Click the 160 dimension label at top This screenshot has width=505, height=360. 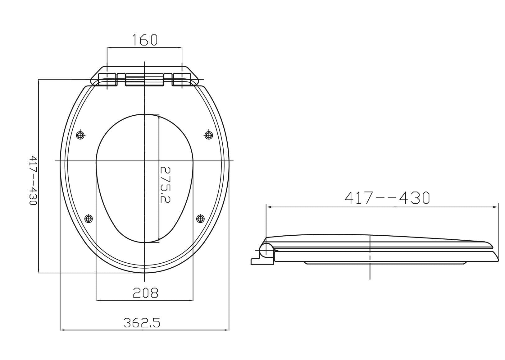(x=144, y=40)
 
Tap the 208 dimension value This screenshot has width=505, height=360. (x=146, y=293)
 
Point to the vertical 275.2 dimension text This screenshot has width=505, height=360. (x=165, y=185)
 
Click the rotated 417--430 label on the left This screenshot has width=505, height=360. (x=33, y=180)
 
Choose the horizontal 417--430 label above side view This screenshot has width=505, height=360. (x=387, y=198)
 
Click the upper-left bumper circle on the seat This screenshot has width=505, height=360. (x=80, y=135)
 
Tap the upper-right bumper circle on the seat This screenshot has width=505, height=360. (x=208, y=135)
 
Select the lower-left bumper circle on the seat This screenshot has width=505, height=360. (x=89, y=219)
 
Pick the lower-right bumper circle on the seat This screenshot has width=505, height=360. (x=200, y=219)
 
